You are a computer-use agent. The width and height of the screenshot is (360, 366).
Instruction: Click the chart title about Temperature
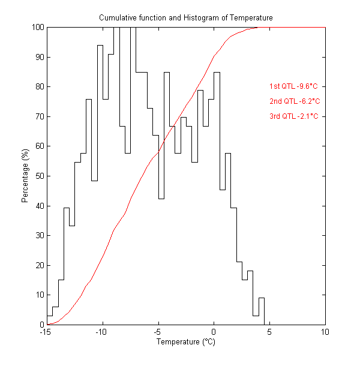tap(185, 18)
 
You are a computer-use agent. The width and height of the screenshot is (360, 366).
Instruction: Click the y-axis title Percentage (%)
tap(25, 176)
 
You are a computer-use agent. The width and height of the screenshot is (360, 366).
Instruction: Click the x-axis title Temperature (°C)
tap(185, 343)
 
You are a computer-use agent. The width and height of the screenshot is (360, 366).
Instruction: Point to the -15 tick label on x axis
tap(46, 332)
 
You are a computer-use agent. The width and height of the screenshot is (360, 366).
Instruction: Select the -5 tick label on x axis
tap(158, 332)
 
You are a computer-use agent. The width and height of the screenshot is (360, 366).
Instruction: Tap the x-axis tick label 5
tap(269, 332)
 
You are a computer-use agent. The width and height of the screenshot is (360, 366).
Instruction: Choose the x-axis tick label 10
tap(325, 332)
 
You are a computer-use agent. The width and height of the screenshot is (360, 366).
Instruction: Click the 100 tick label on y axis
tap(37, 28)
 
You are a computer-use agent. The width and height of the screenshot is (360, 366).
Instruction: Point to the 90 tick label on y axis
tap(39, 57)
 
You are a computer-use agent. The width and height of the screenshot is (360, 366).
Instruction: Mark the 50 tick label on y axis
tap(39, 176)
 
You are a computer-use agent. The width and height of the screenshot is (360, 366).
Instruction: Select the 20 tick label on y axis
tap(39, 265)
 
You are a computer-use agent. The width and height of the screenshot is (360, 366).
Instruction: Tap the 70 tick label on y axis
tap(39, 116)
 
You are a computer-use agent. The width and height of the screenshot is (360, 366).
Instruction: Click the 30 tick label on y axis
tap(39, 235)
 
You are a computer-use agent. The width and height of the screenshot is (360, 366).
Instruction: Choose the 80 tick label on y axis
tap(39, 87)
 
